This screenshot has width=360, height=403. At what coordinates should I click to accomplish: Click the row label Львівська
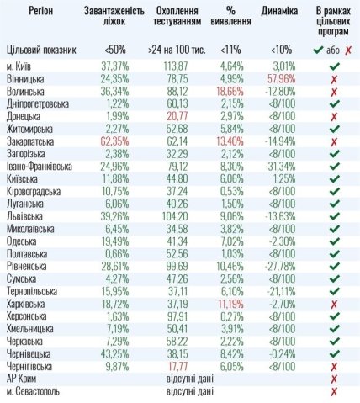click(x=24, y=217)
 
